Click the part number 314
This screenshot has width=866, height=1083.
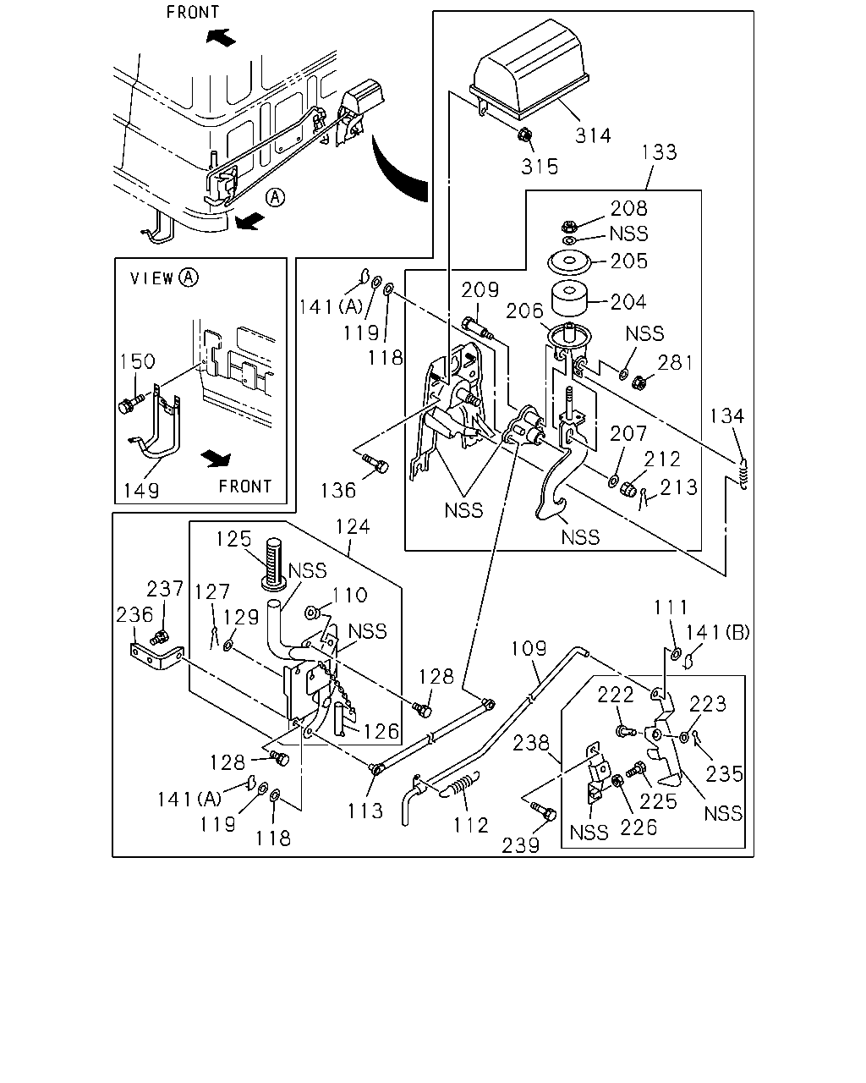tap(593, 135)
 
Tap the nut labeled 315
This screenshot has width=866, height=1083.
tap(525, 135)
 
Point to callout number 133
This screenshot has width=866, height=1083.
tap(659, 152)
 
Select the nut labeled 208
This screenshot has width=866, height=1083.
tap(568, 226)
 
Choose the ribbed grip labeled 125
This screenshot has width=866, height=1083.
tap(274, 563)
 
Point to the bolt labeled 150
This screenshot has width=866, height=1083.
tap(130, 403)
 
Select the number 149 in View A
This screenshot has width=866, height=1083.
tap(141, 490)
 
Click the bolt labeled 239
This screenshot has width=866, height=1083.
tap(544, 811)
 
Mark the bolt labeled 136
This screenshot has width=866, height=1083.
tap(375, 464)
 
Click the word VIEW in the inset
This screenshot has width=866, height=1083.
tap(152, 278)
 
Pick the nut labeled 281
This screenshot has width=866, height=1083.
tap(639, 383)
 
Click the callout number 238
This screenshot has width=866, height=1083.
tap(531, 743)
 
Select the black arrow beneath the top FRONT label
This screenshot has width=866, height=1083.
tap(221, 37)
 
